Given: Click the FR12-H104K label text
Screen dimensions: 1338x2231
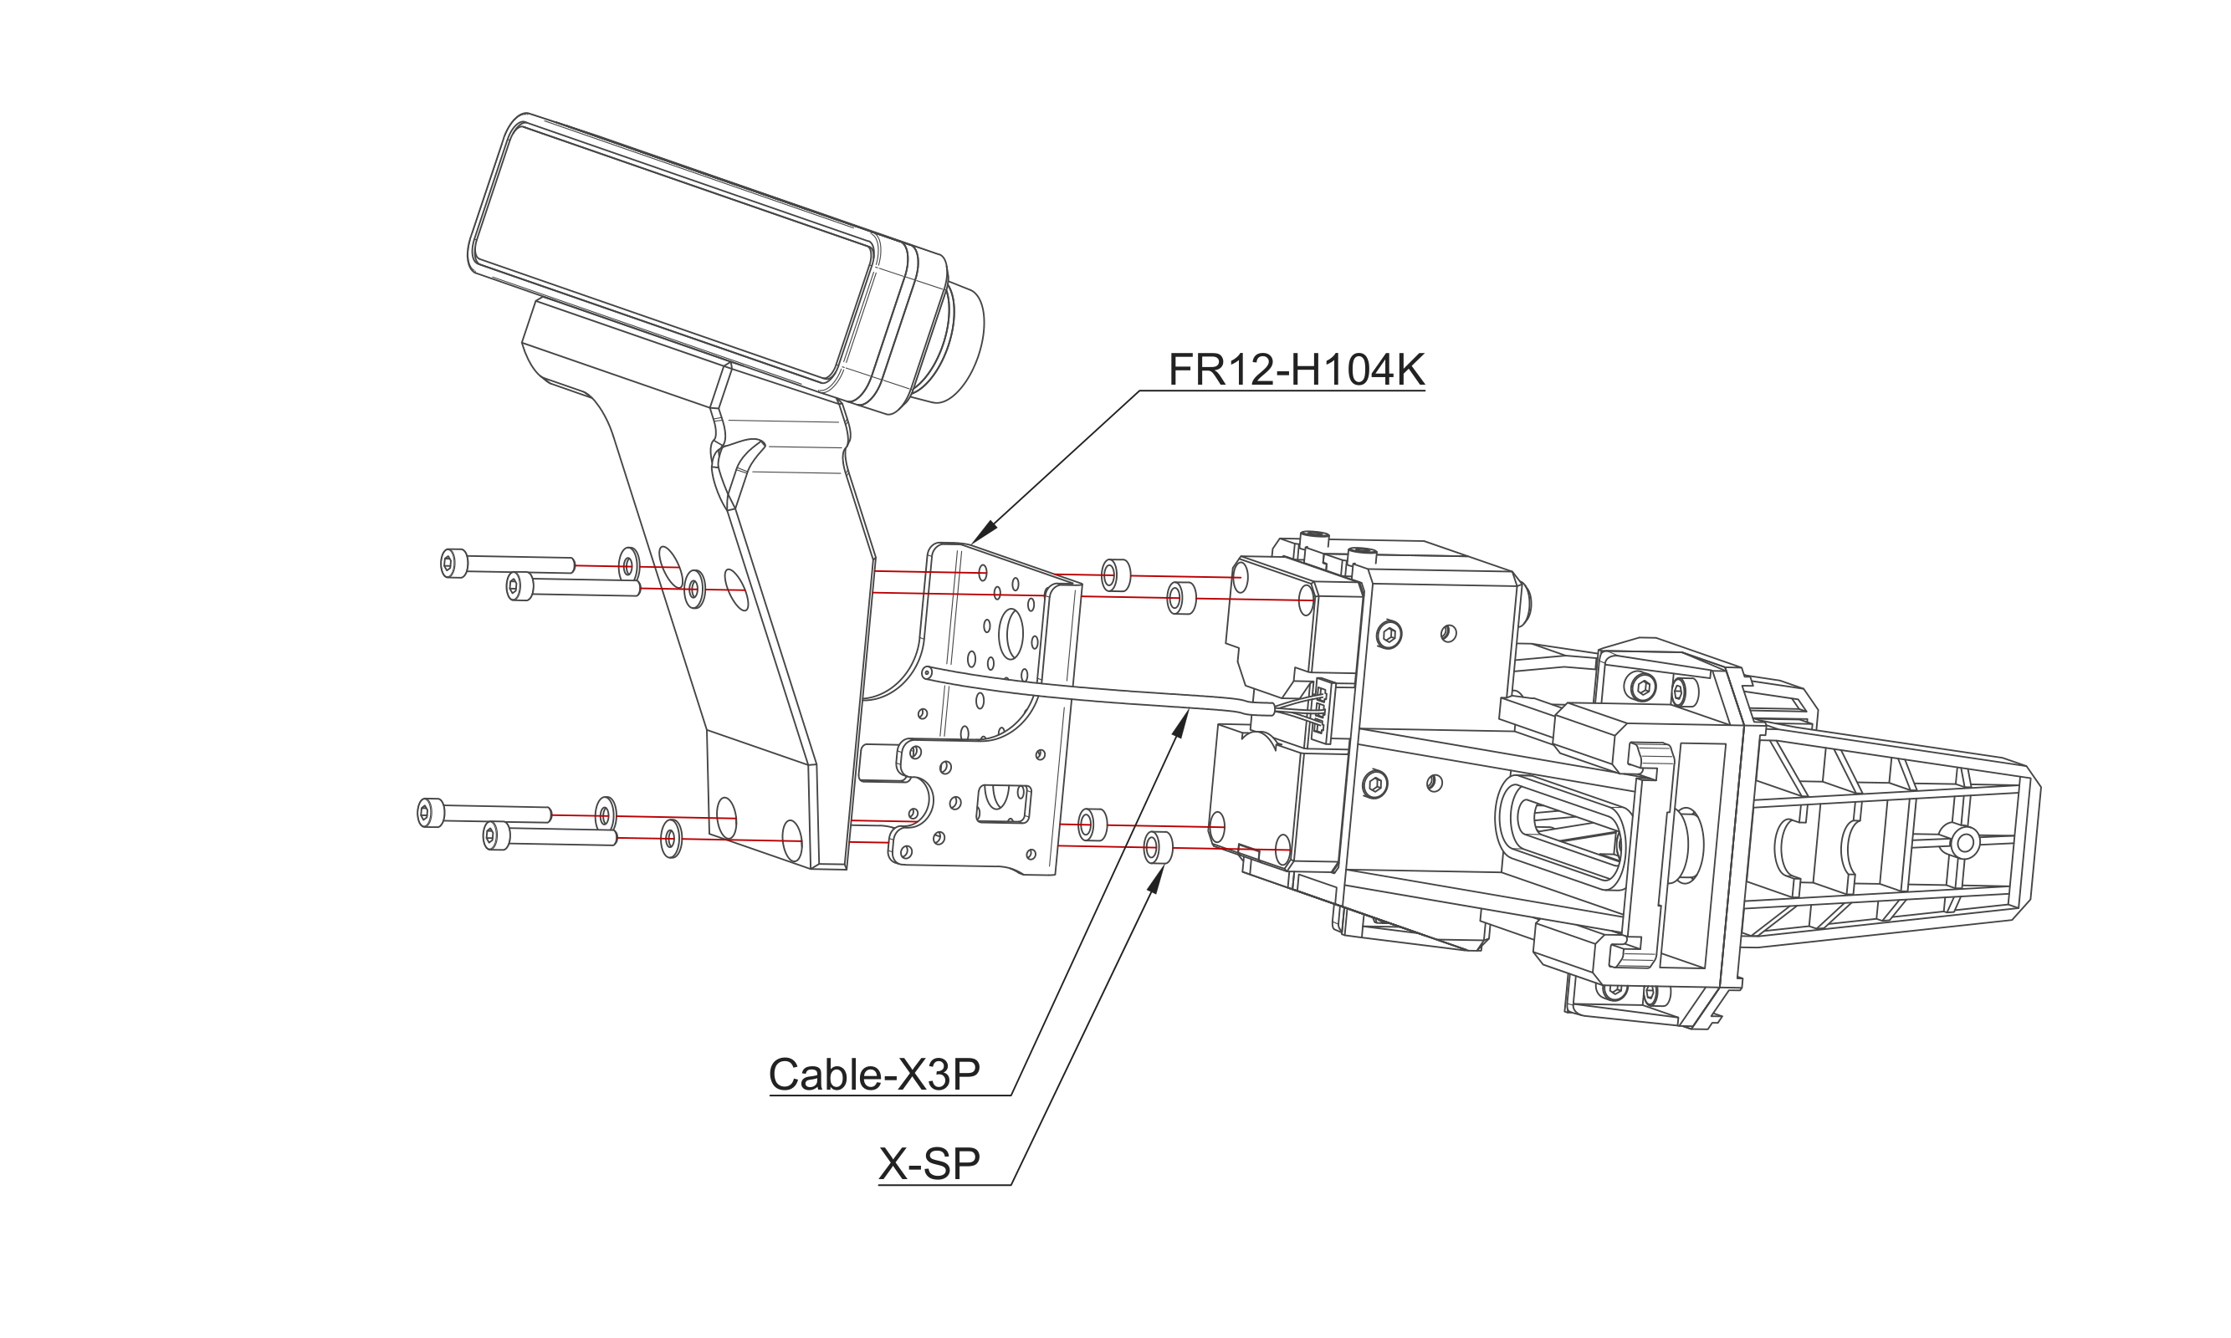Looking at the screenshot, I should (1296, 370).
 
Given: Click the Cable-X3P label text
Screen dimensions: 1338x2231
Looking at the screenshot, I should (873, 1074).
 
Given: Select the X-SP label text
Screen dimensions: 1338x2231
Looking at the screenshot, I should (929, 1163).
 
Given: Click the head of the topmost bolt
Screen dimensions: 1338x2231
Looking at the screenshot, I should (453, 564).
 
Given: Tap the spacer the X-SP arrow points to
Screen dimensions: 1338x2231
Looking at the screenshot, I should (1156, 847).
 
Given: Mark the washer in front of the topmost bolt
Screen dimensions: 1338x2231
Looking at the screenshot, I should (629, 564).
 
